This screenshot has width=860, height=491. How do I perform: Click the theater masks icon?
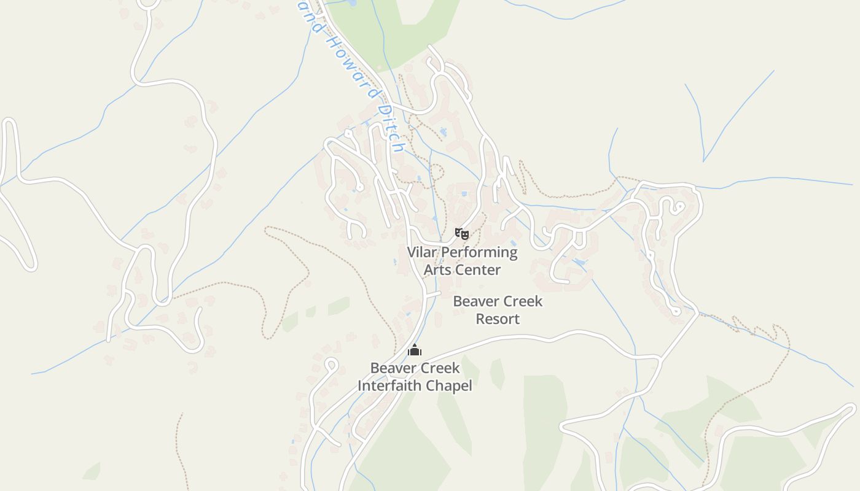462,233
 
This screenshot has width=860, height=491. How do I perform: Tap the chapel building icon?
415,350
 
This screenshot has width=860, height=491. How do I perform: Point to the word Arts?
437,270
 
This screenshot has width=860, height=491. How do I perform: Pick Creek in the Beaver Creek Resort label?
522,301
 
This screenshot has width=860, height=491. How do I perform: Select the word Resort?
498,319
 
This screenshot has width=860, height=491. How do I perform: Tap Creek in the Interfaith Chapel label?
439,368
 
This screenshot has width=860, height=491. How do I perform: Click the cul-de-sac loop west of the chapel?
331,365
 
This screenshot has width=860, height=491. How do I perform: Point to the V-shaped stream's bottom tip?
704,161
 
